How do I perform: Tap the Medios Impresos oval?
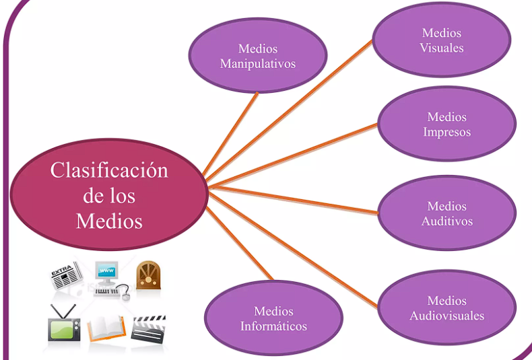tap(446, 124)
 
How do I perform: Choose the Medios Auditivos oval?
tap(447, 213)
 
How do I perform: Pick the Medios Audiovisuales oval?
tap(447, 308)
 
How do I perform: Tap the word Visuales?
tap(442, 48)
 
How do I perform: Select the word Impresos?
tap(446, 133)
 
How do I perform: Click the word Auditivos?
tap(447, 221)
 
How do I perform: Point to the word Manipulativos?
tap(258, 65)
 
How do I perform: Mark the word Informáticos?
tap(273, 327)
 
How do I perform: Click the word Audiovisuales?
tap(447, 316)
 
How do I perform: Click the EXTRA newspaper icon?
tap(66, 277)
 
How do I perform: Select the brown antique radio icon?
tap(148, 275)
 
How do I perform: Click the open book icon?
tap(106, 328)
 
